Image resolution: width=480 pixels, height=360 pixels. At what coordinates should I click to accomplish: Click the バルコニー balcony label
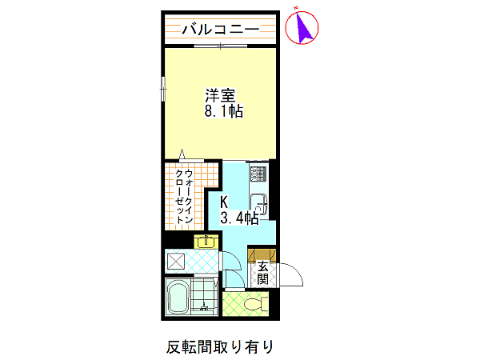[x=221, y=30]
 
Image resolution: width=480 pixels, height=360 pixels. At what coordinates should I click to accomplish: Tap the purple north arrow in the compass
[x=304, y=27]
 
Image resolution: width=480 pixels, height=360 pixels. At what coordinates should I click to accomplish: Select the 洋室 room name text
[x=220, y=95]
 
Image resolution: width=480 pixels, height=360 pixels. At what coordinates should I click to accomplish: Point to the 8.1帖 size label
[x=224, y=111]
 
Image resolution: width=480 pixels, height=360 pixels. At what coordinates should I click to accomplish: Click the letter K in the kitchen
[x=224, y=202]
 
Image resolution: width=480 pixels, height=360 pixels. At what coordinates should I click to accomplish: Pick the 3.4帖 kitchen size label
[x=239, y=218]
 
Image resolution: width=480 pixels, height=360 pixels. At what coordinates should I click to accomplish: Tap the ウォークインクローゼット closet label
[x=184, y=197]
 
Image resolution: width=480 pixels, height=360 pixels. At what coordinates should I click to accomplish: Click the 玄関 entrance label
[x=262, y=273]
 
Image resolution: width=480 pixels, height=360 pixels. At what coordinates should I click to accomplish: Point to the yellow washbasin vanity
[x=206, y=242]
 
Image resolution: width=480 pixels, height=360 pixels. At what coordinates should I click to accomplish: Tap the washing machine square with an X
[x=175, y=262]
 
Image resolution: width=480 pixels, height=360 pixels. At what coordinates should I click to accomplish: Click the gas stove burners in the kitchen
[x=258, y=174]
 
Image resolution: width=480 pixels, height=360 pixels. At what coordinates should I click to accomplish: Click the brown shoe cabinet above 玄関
[x=262, y=254]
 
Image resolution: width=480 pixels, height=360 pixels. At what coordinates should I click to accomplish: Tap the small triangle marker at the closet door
[x=182, y=154]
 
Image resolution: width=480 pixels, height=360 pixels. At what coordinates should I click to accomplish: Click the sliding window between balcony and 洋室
[x=221, y=46]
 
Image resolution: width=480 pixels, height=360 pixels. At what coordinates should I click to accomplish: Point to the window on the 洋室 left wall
[x=163, y=89]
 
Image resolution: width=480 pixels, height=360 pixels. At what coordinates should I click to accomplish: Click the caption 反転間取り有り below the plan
[x=220, y=347]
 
